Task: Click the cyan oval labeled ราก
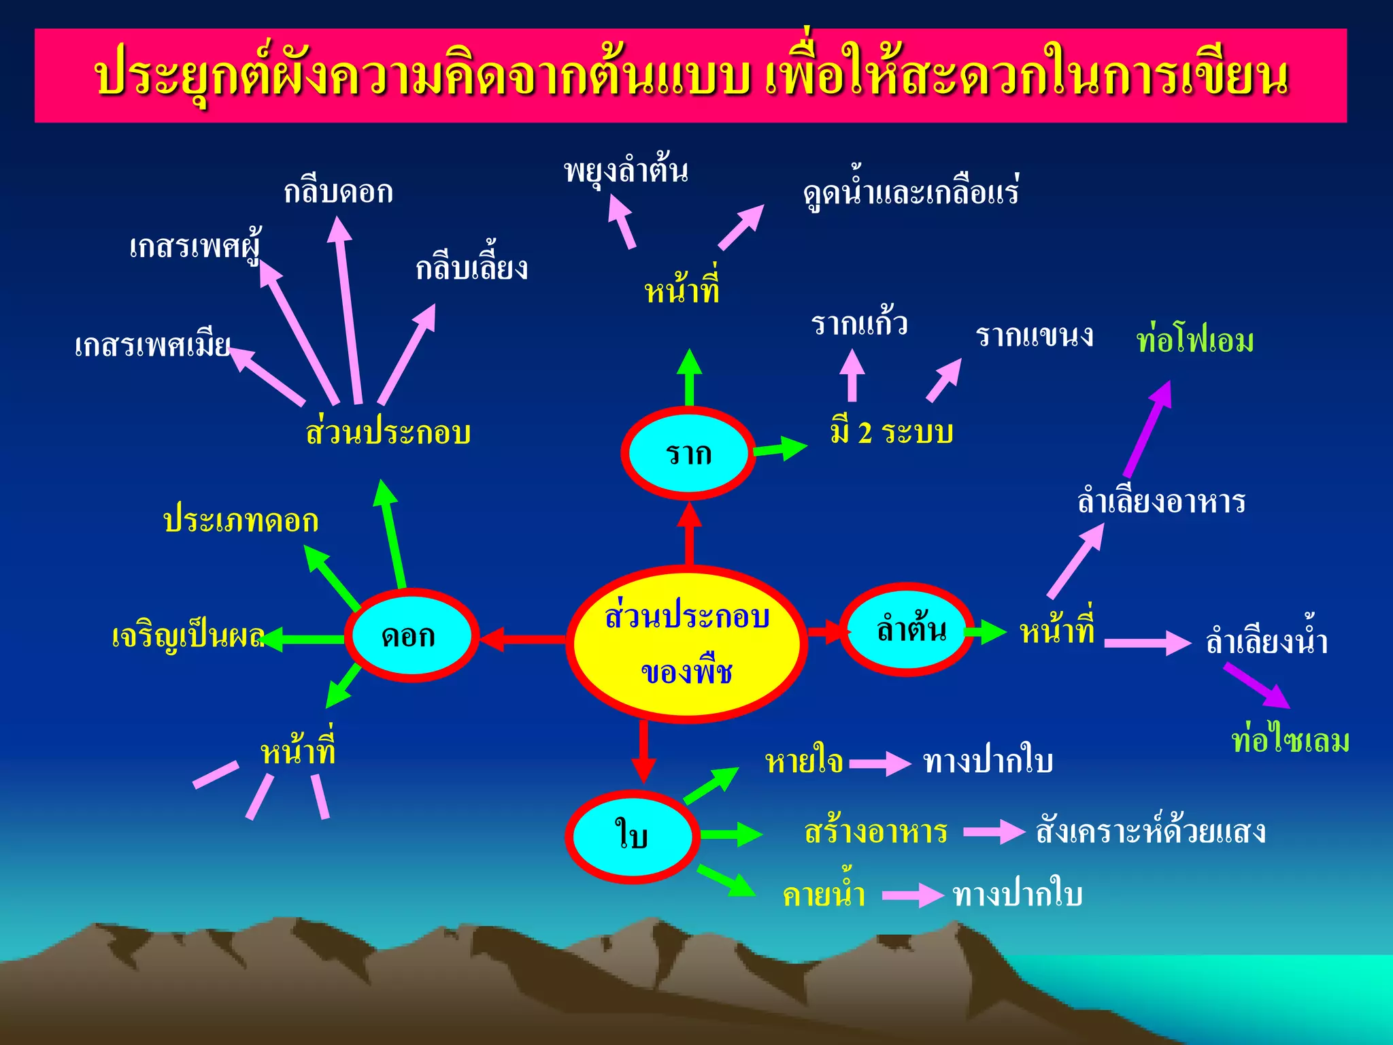click(688, 453)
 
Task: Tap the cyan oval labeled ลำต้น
click(909, 629)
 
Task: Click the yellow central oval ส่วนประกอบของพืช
click(687, 644)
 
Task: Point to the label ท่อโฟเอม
click(1195, 340)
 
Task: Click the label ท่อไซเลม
click(1290, 740)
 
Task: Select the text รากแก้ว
click(859, 324)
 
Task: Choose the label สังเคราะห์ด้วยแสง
click(1150, 831)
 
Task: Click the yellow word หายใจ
click(804, 762)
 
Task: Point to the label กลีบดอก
click(338, 193)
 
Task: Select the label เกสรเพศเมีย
click(152, 346)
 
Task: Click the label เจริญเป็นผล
click(188, 637)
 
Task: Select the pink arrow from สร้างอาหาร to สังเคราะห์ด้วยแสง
click(994, 831)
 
